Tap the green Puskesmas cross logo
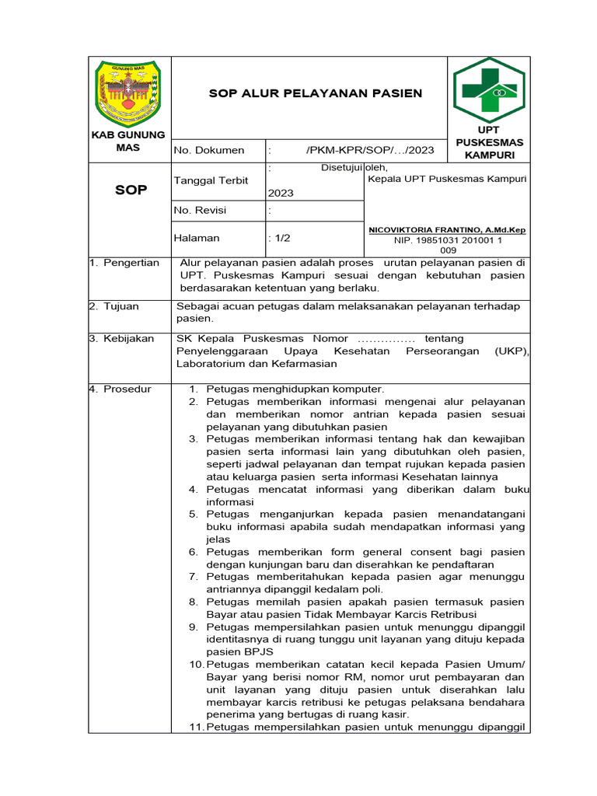tap(489, 89)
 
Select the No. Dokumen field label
tap(209, 150)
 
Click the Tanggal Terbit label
tap(211, 180)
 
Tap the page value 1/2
tap(279, 238)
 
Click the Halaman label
tap(197, 238)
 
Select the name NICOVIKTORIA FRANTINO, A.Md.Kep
tap(447, 230)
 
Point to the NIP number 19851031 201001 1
tap(448, 241)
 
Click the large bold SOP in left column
tap(131, 190)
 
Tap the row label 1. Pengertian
tap(124, 263)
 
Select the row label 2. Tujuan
tap(114, 306)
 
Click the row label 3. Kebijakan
tap(121, 338)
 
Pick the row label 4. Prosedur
tap(120, 389)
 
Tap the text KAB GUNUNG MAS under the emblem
tap(129, 141)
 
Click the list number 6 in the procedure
tap(194, 552)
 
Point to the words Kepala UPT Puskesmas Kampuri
tap(447, 179)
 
